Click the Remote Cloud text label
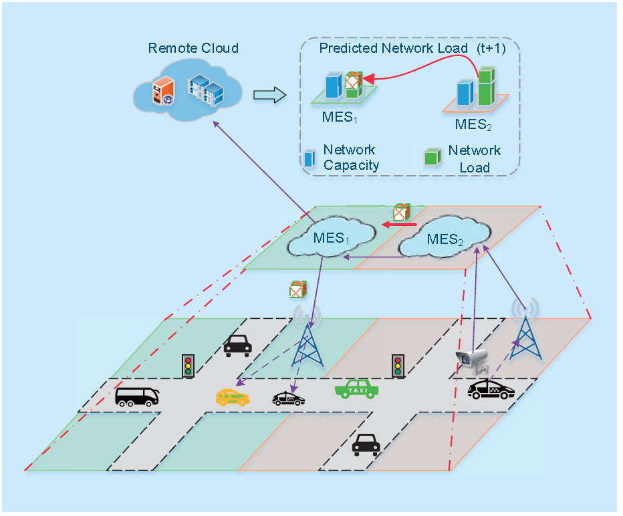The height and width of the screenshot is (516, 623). (193, 48)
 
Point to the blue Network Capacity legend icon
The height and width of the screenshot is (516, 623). (309, 158)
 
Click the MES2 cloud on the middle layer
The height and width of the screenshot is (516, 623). (444, 240)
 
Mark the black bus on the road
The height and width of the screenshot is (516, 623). (137, 396)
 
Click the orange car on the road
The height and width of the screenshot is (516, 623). (232, 397)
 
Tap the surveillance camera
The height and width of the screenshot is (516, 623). (472, 361)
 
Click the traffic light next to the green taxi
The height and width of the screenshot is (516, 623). (398, 366)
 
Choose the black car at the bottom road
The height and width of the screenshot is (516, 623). (366, 443)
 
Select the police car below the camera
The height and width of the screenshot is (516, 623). (491, 390)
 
